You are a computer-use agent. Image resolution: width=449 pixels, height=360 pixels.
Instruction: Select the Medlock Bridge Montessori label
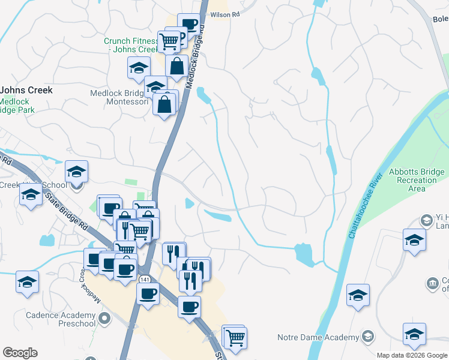click(118, 98)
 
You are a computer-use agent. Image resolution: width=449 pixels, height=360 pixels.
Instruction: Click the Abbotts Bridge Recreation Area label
click(415, 180)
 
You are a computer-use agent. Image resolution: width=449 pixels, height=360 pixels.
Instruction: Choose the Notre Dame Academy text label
click(318, 337)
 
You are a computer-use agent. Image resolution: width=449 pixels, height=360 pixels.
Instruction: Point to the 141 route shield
click(143, 280)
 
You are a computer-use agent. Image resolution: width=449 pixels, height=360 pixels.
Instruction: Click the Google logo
click(20, 353)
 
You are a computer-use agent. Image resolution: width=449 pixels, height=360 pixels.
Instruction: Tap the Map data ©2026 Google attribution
click(412, 355)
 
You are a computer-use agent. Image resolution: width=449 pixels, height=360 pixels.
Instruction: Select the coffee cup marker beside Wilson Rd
click(189, 25)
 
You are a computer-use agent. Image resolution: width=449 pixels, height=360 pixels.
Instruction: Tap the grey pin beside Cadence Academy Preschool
click(105, 319)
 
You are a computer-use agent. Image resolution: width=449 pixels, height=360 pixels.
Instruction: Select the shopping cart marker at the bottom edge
click(235, 338)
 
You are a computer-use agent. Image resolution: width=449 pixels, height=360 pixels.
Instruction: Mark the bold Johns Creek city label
click(26, 90)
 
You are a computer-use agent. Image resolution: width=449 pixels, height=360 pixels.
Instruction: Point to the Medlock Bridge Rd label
click(197, 57)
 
